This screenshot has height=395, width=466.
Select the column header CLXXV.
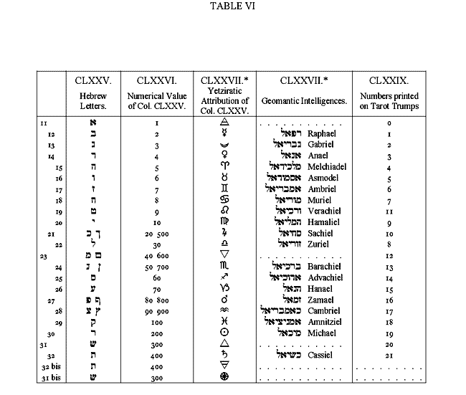(92, 79)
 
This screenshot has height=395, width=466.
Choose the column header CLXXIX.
(389, 79)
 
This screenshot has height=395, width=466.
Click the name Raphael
(320, 134)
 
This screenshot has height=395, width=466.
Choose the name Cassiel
(320, 354)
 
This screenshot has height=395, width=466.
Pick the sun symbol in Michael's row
(225, 332)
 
